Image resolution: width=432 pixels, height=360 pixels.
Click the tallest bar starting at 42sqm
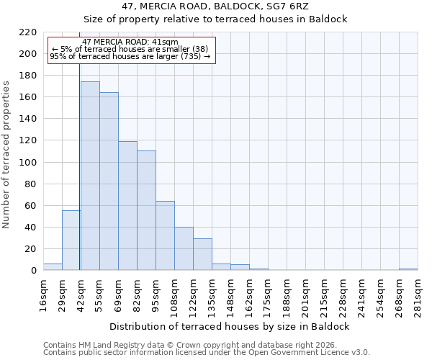(90, 176)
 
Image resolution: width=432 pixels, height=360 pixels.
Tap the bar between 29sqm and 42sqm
(71, 240)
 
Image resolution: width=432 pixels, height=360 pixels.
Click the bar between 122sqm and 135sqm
(202, 254)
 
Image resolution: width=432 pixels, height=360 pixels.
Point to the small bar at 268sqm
(408, 269)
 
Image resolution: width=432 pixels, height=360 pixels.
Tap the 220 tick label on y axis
(28, 32)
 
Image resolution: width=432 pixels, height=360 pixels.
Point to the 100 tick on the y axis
(28, 163)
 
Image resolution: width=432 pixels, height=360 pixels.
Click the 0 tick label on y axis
(33, 271)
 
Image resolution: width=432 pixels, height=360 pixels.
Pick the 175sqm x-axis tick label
(268, 295)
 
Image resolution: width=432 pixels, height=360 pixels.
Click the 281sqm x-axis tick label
(418, 295)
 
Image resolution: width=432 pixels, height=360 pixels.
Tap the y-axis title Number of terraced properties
(7, 155)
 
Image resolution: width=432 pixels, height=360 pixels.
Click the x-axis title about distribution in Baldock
(230, 326)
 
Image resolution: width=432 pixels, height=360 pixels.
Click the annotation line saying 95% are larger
(130, 56)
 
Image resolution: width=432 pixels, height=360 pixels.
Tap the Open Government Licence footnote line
(207, 352)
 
